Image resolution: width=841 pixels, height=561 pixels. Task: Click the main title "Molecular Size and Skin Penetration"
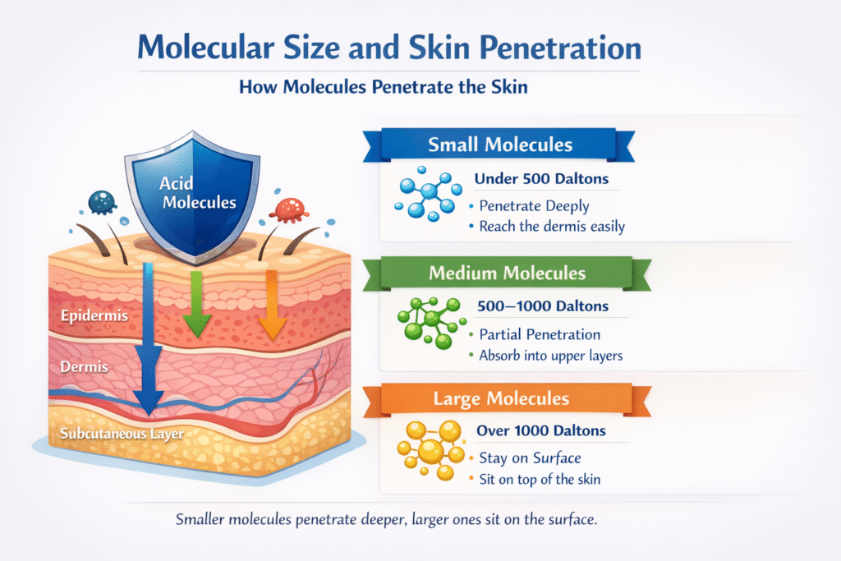(389, 48)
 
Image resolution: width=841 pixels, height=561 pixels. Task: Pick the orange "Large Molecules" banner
(501, 400)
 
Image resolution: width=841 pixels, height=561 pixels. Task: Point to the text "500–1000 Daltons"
(542, 306)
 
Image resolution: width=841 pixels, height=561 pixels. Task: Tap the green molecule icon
(428, 323)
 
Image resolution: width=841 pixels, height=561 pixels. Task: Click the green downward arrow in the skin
(196, 304)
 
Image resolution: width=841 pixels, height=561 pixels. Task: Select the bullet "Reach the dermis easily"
(549, 225)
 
